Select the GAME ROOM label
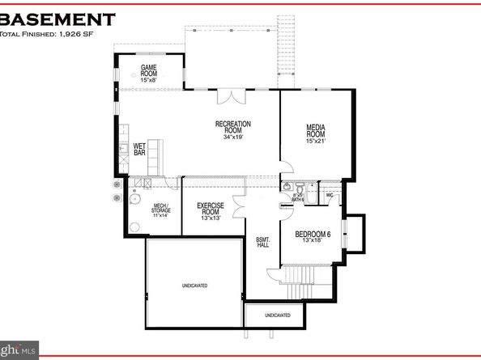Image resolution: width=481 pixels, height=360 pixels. pos(149,70)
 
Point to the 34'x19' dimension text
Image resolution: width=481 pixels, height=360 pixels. pos(233,137)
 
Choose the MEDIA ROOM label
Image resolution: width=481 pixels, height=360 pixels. pos(316,131)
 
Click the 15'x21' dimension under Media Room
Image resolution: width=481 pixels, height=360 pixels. pos(316,142)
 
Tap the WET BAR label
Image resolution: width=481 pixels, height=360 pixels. pos(139,149)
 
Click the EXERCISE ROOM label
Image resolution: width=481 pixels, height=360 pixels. pos(210,209)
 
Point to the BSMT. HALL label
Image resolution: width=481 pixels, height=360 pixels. pos(262,241)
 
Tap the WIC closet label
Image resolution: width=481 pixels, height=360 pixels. pos(330,195)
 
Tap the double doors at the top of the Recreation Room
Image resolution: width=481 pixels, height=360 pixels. pos(233,96)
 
